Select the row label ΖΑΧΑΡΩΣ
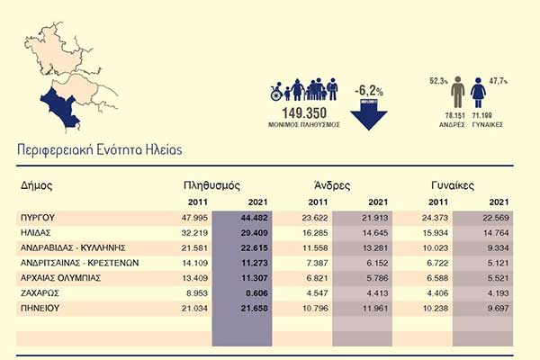pyautogui.click(x=39, y=293)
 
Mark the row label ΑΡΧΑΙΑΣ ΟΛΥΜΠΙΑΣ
pyautogui.click(x=59, y=278)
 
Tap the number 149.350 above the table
pyautogui.click(x=305, y=113)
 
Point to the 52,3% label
pyautogui.click(x=438, y=80)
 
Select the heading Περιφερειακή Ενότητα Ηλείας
pyautogui.click(x=99, y=148)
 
